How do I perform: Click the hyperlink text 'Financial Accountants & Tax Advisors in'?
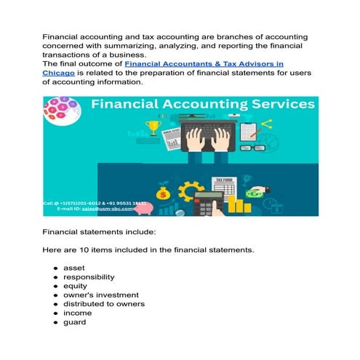click(204, 64)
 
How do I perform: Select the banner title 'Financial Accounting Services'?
click(202, 105)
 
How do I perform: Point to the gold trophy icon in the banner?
click(152, 128)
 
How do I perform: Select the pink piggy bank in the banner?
click(145, 209)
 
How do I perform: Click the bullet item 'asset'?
click(74, 268)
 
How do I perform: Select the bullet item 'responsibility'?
click(89, 277)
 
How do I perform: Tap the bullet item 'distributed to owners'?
click(104, 304)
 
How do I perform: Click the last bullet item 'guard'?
click(75, 322)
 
